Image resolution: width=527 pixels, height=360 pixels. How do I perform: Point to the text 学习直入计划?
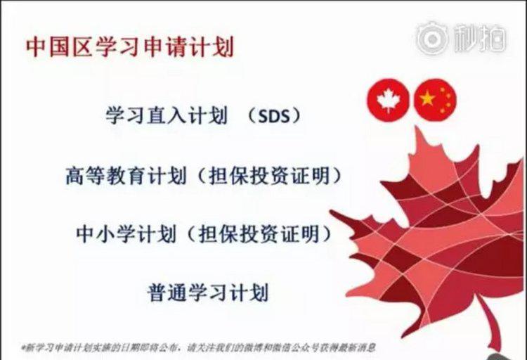(167, 116)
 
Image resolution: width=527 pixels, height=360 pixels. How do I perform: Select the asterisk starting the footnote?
(24, 347)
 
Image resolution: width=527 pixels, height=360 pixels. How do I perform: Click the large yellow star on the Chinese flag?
(427, 98)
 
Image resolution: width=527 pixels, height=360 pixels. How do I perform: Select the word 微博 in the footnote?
(256, 347)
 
